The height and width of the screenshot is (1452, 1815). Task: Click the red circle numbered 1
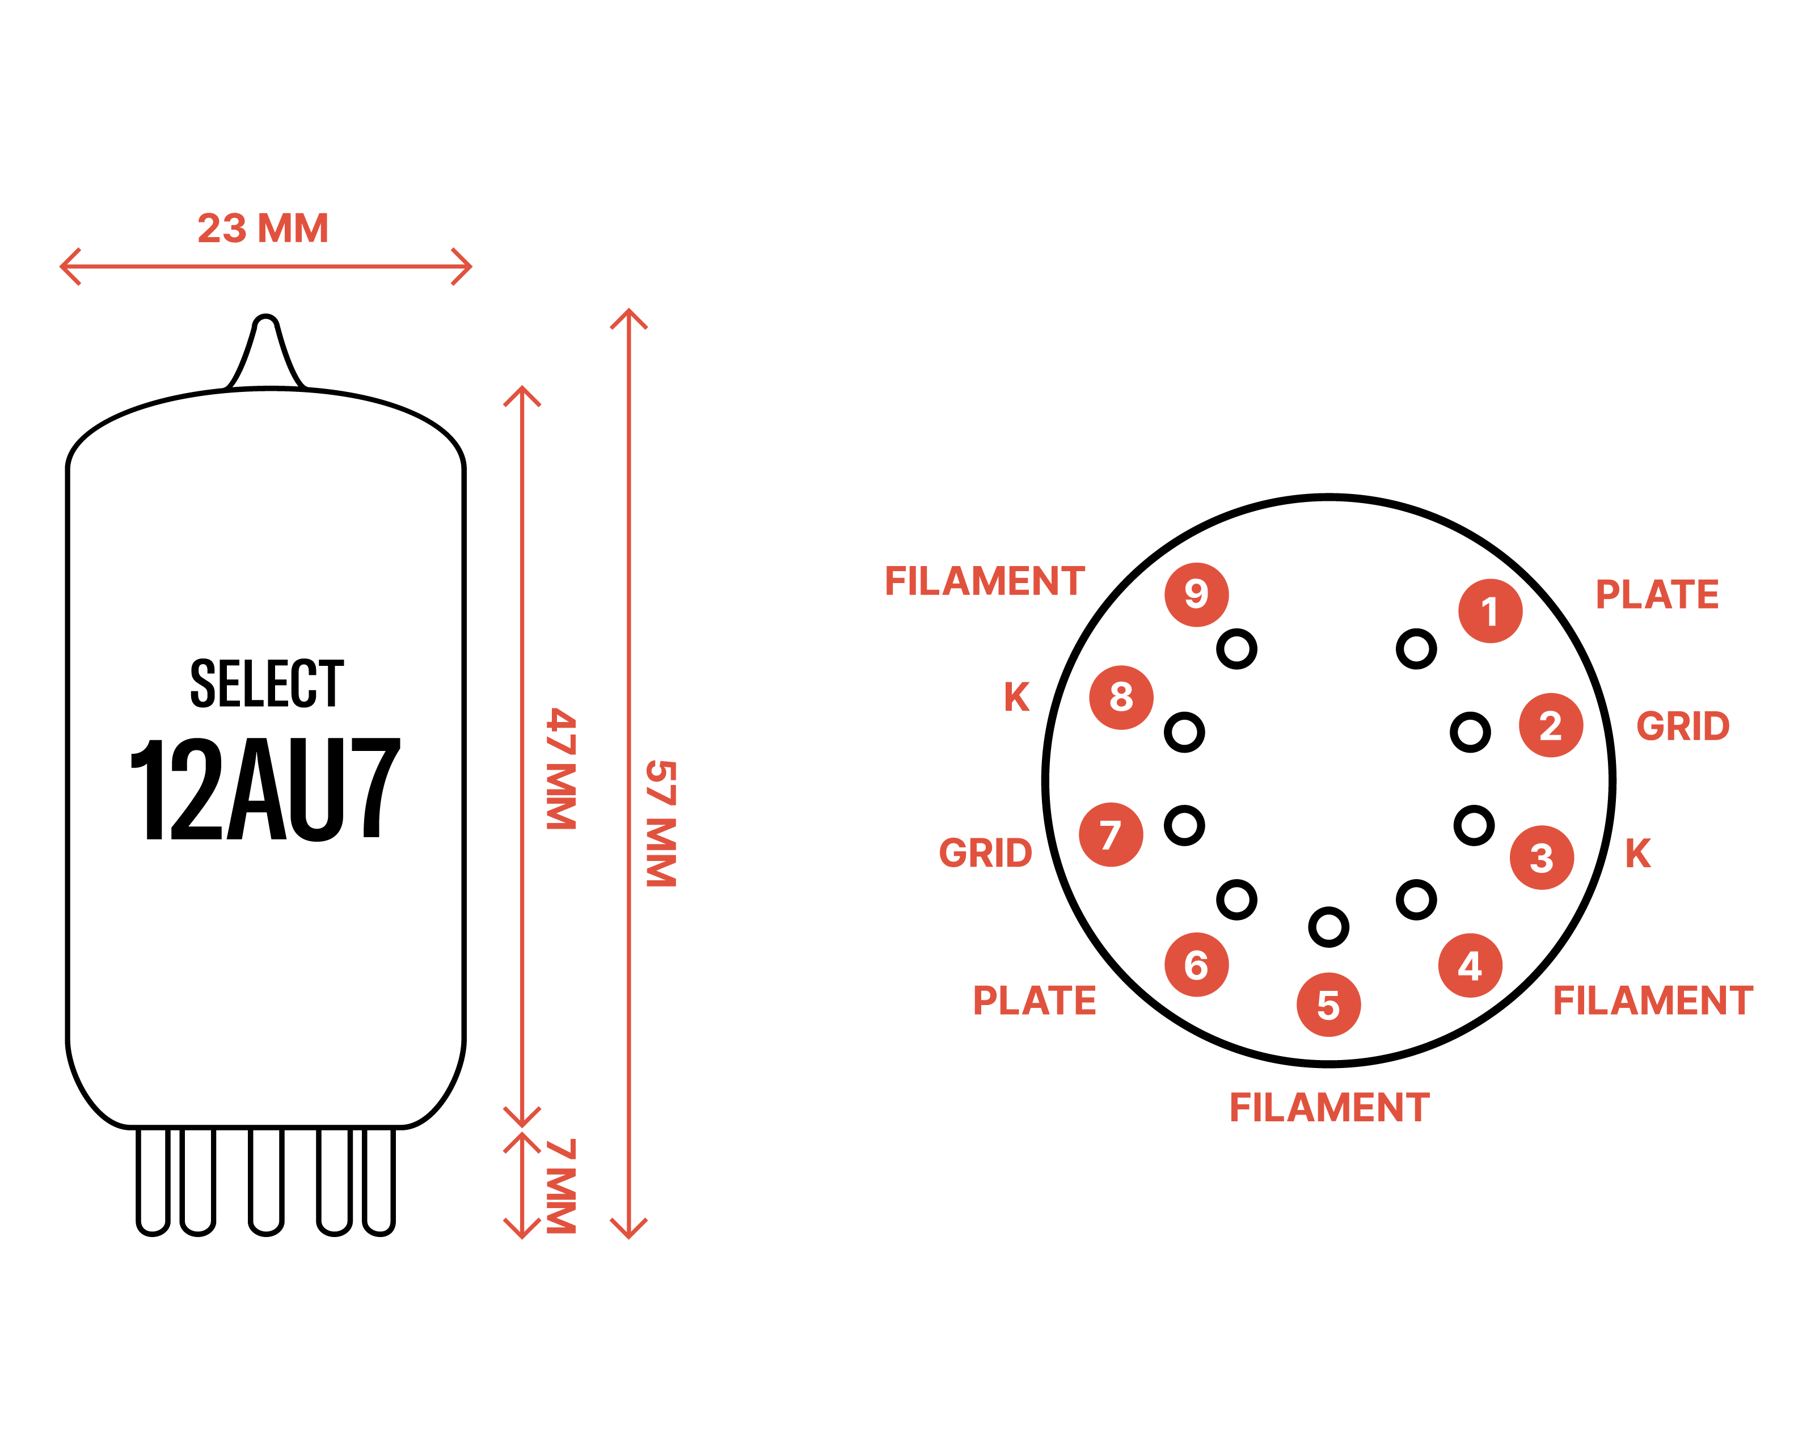coord(1490,611)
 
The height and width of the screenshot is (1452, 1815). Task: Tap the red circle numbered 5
coord(1328,1005)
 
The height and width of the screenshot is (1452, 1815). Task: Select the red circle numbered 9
coord(1196,594)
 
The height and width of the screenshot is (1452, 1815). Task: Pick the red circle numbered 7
coord(1111,835)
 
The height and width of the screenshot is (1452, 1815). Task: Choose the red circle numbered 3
coord(1542,858)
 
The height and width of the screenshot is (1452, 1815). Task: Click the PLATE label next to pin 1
coord(1657,594)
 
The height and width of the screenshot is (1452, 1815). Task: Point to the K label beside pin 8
coord(1017,697)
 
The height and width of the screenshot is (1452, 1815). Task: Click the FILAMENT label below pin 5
coord(1329,1107)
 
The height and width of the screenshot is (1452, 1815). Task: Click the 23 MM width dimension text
coord(263,228)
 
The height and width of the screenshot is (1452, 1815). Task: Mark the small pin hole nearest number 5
coord(1328,927)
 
